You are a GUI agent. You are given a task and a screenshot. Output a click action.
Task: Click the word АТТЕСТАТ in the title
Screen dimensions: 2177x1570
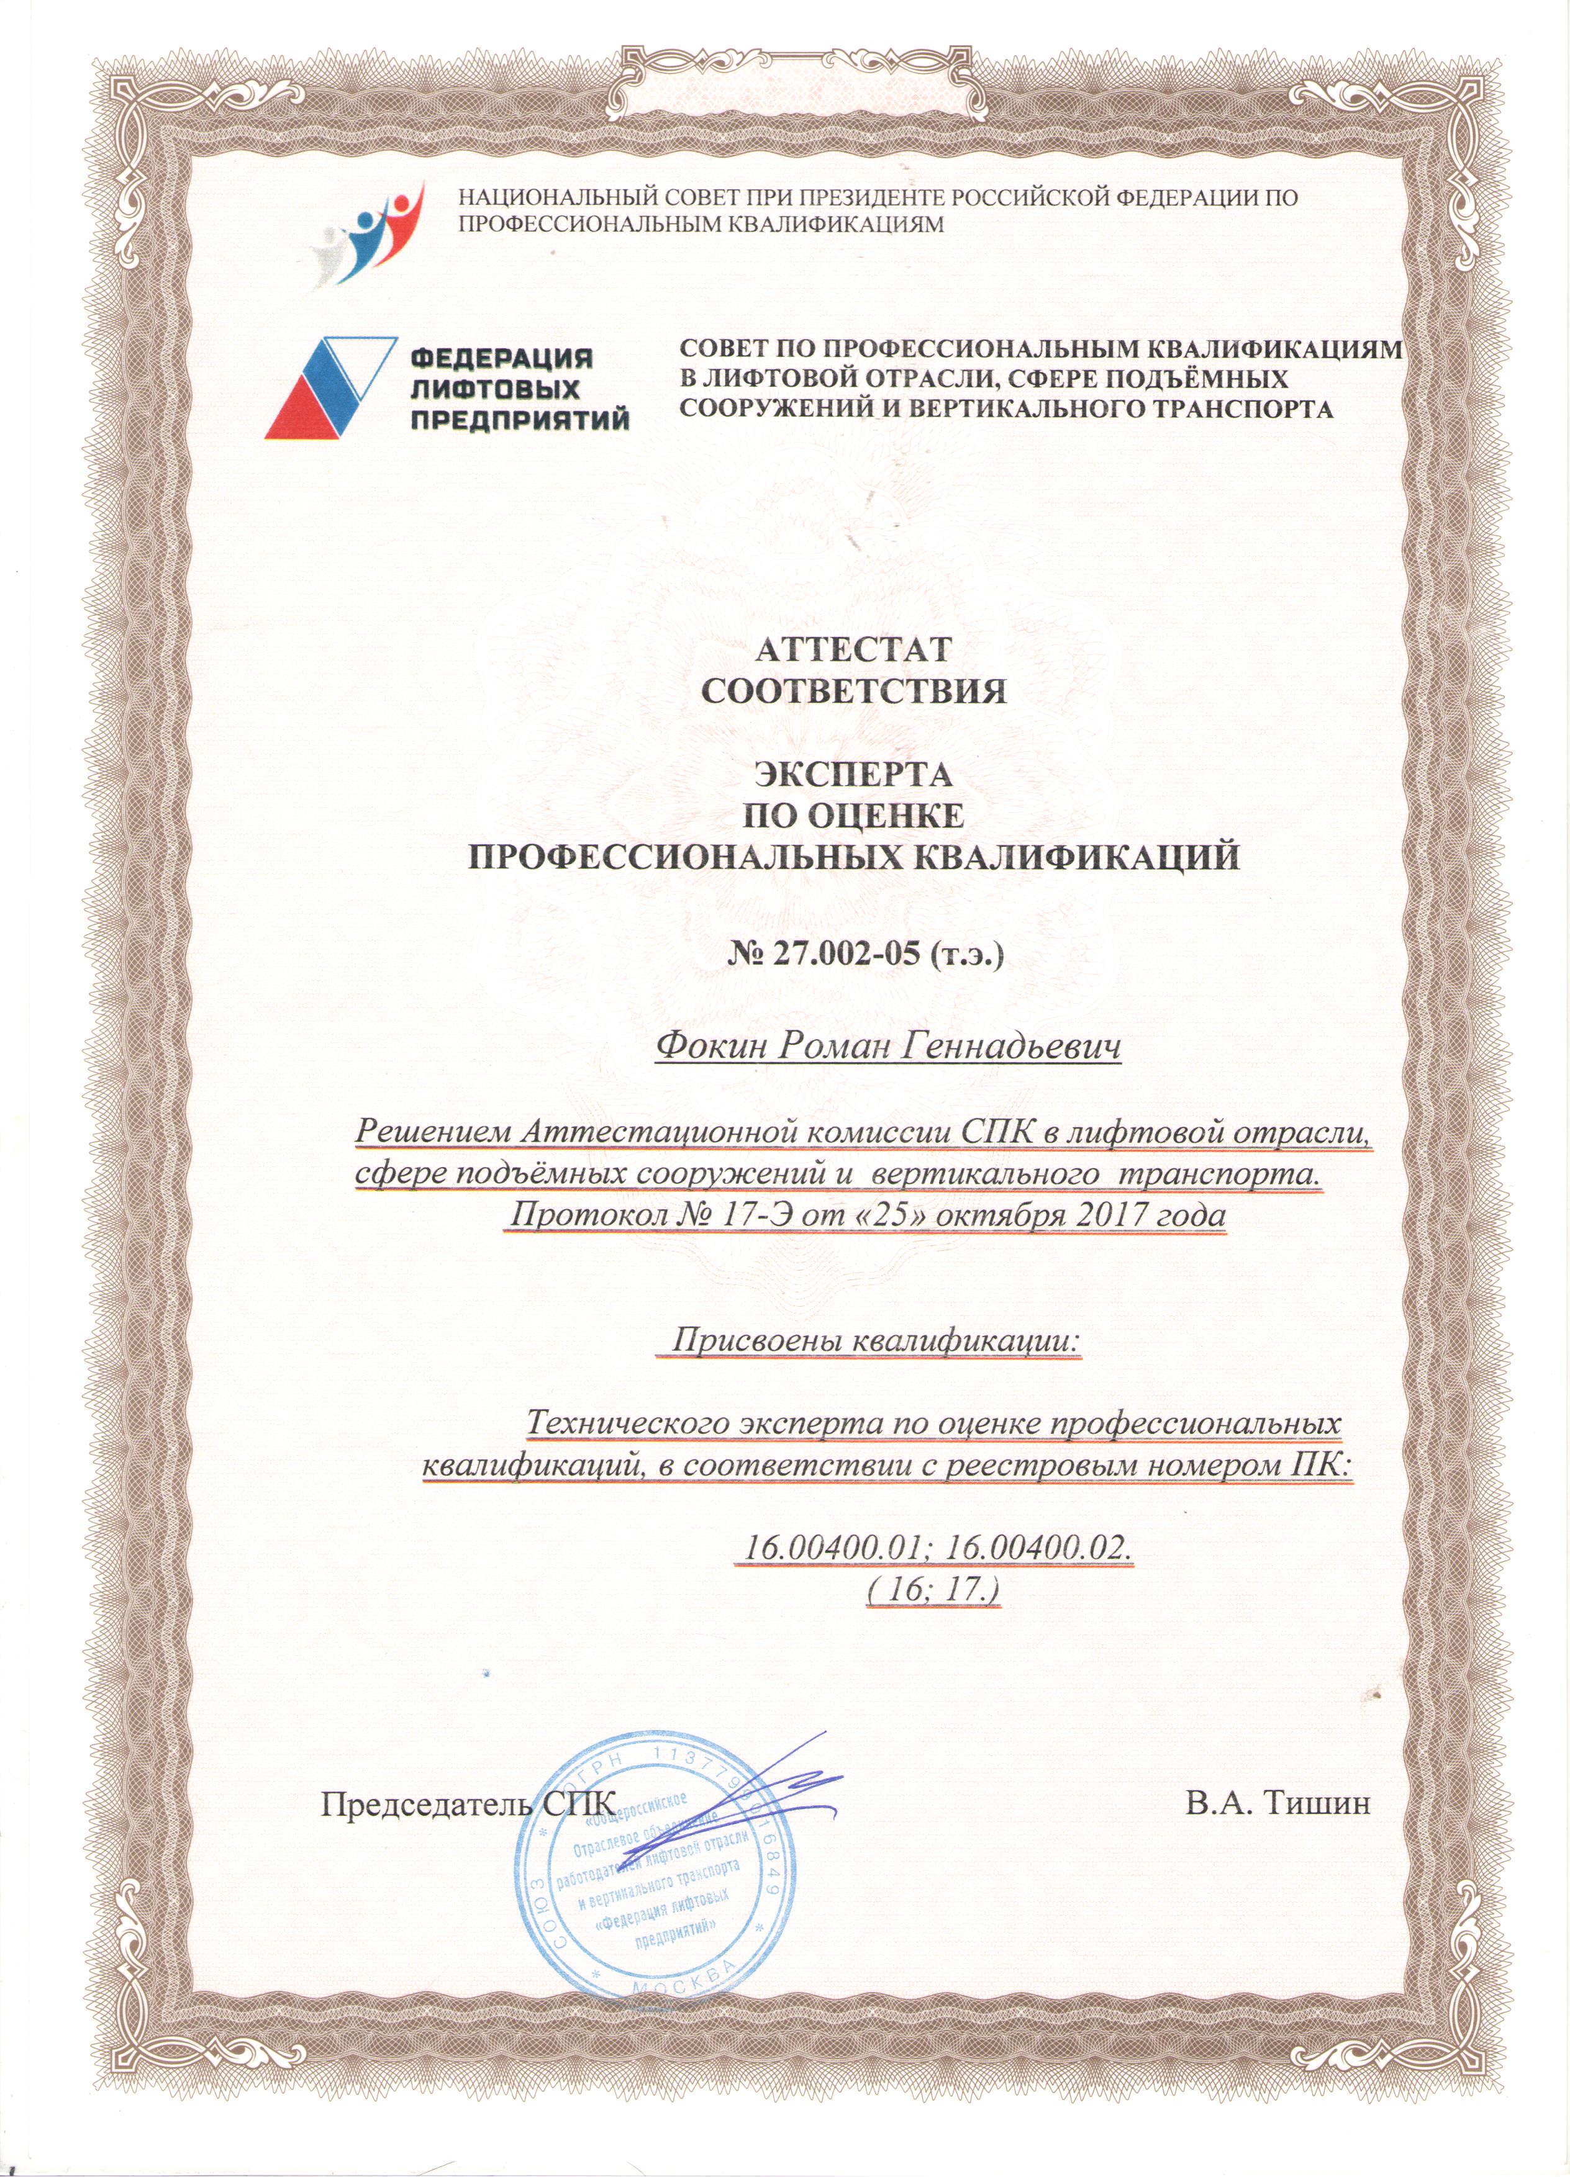pyautogui.click(x=853, y=649)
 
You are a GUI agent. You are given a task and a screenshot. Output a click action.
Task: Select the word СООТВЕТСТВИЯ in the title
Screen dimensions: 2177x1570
pyautogui.click(x=854, y=691)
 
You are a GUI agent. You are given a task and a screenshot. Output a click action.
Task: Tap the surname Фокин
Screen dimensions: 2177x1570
pyautogui.click(x=709, y=1047)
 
